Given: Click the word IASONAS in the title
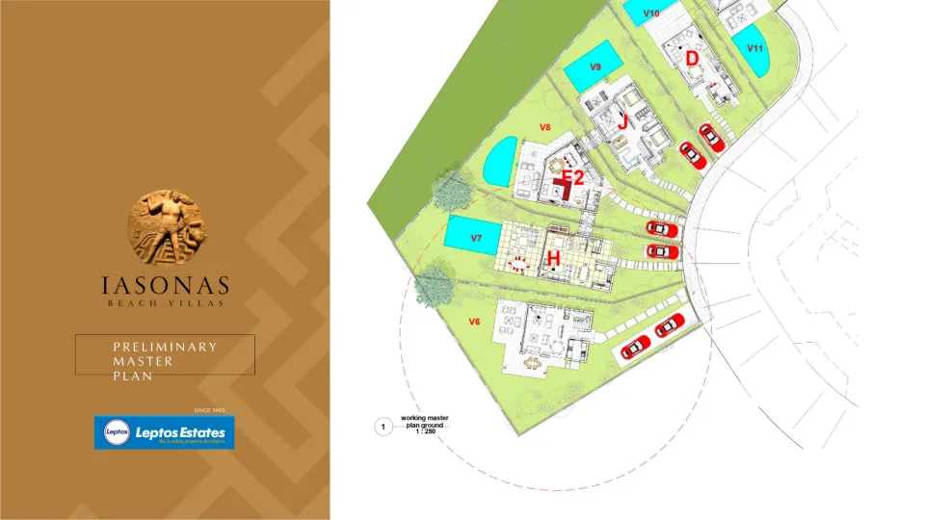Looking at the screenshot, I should (166, 285).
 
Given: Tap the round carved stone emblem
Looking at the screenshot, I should (165, 227).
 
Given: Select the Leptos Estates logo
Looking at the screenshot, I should (164, 432).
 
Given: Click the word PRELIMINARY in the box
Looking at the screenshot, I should (165, 347).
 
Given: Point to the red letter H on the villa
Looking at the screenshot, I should (553, 258).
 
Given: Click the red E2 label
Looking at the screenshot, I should (573, 177).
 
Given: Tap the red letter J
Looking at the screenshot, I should (622, 122).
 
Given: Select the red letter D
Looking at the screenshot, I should (692, 58).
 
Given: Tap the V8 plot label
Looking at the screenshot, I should (544, 127).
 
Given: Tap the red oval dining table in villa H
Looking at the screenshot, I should (519, 263).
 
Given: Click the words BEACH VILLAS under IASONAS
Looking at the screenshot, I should (166, 303).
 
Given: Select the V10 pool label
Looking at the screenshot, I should (650, 13).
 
